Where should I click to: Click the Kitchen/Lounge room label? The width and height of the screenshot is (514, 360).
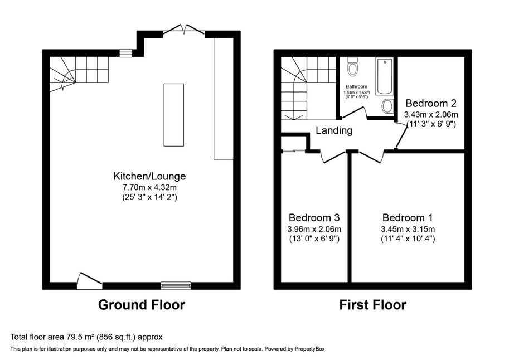tap(149, 176)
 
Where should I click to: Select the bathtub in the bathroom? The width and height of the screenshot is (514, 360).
tap(385, 76)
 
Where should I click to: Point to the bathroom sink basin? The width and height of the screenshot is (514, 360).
tap(388, 106)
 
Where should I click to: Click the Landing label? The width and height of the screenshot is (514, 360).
tap(334, 130)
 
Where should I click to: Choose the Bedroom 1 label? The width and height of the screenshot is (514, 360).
tap(408, 217)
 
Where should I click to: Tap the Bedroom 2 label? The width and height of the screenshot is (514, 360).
tap(431, 103)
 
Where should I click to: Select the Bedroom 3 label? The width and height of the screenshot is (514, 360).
tap(314, 217)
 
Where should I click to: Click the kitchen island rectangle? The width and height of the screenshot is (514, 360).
tap(174, 115)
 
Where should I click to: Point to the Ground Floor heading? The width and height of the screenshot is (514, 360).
tap(142, 305)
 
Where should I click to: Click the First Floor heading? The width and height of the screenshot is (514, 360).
tap(373, 305)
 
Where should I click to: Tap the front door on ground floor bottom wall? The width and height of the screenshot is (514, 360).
tap(90, 281)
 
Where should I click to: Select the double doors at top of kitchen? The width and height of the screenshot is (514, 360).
tap(184, 29)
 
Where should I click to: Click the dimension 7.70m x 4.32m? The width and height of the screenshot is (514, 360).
tap(149, 188)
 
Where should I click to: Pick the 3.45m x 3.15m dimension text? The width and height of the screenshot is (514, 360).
tap(408, 229)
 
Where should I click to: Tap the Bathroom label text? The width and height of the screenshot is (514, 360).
tap(356, 86)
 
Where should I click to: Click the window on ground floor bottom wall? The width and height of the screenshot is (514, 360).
tap(176, 286)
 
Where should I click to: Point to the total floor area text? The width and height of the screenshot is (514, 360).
tap(86, 337)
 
